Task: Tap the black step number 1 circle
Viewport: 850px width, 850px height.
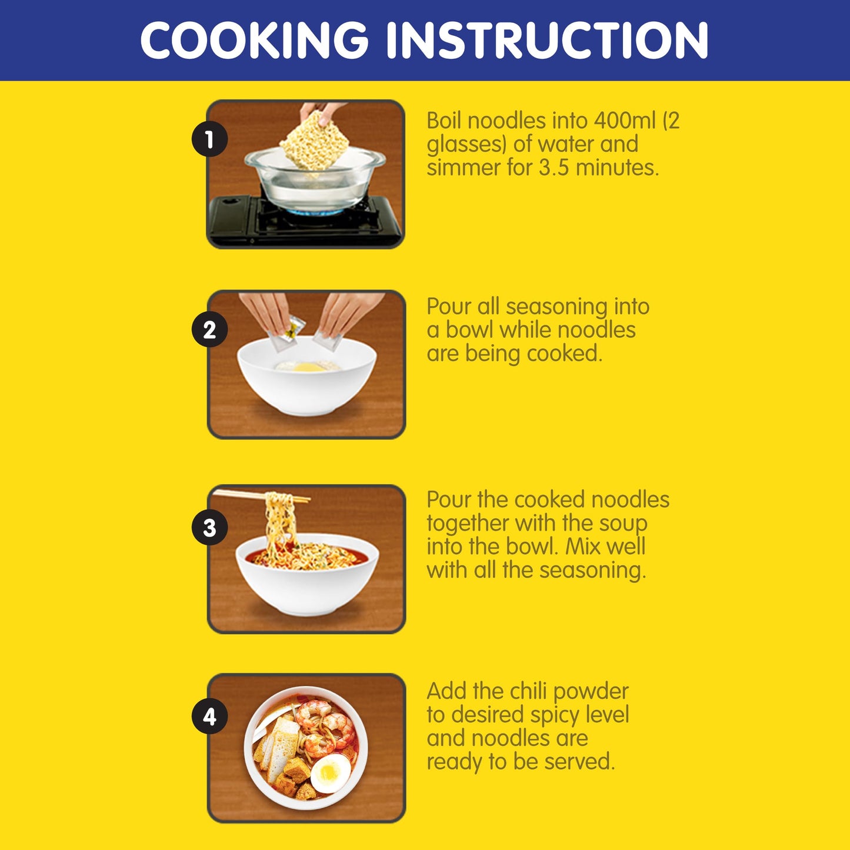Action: pos(209,139)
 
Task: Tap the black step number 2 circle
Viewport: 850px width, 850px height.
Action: pos(209,329)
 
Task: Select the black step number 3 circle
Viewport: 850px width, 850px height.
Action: pos(209,527)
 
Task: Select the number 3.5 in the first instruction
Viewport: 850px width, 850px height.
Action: pos(555,168)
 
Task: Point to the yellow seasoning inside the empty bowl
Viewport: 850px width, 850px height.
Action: pos(308,367)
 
